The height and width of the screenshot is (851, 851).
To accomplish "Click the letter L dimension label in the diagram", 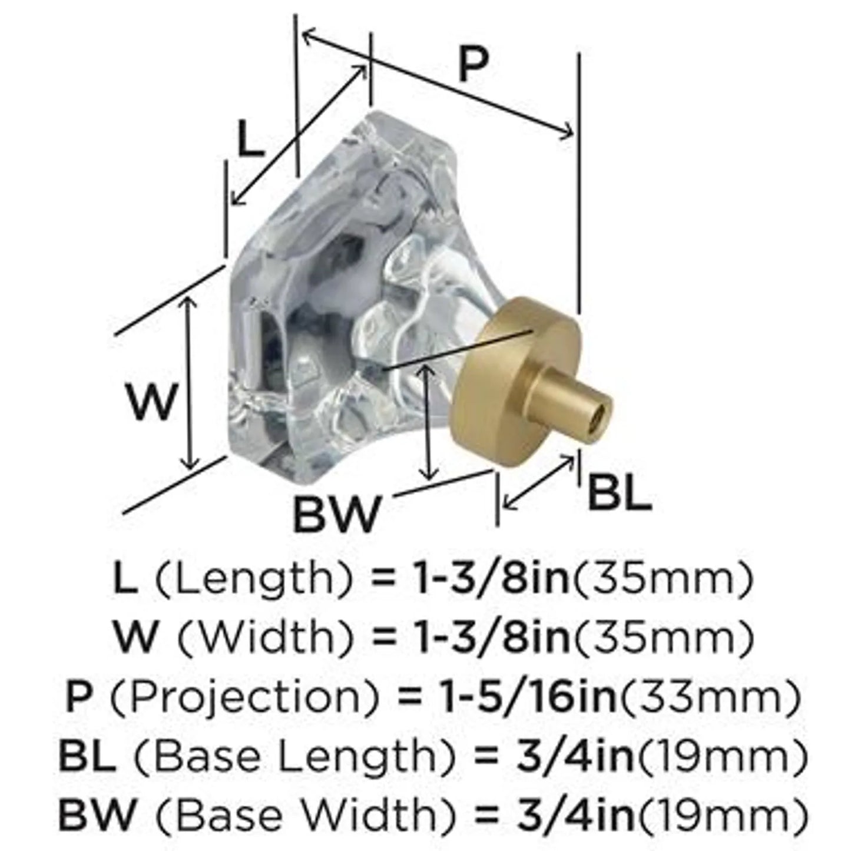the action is click(250, 138).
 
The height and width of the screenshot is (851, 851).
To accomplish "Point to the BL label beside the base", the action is click(620, 492).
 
